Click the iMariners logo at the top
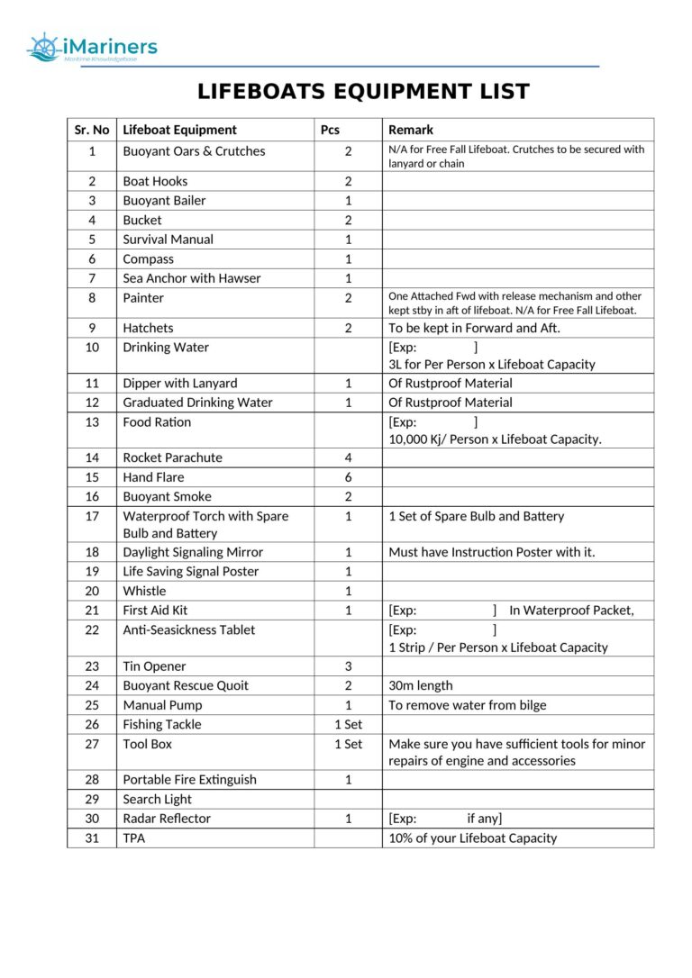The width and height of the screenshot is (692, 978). point(92,48)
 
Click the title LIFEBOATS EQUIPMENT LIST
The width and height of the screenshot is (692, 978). point(363,92)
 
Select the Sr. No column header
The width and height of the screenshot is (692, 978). point(92,130)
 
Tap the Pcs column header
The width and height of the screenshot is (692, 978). point(331,130)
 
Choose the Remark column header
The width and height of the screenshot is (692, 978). point(411,130)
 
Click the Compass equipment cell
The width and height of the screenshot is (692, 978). point(148,259)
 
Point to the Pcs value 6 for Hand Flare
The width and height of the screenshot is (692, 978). point(348,477)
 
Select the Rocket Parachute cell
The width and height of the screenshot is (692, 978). point(172,457)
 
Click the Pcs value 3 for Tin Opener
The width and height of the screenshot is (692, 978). point(348,666)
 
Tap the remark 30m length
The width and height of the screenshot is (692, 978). point(421,685)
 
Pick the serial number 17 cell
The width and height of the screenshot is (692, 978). point(92,517)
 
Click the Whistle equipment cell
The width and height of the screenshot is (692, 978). point(144,591)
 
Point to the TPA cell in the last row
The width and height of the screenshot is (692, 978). point(134,838)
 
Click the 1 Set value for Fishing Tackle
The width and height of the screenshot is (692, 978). point(348,724)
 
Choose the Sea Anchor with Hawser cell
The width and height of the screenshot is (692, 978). point(191,278)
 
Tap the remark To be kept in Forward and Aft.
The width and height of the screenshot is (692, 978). point(474,328)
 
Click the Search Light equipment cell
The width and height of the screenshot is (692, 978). point(157,799)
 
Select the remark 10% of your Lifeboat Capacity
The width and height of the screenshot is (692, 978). point(472,838)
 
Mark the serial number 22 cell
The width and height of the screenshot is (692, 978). point(92,630)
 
